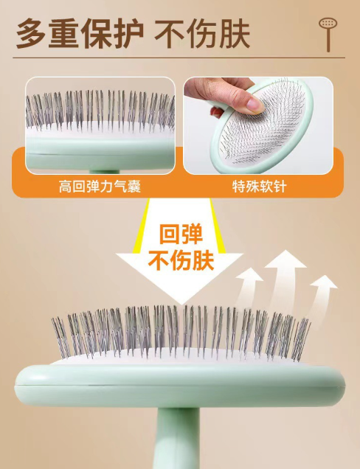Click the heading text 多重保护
(x=80, y=33)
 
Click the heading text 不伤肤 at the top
(x=202, y=33)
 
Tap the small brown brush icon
(x=328, y=34)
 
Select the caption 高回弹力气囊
(x=100, y=187)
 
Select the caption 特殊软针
(x=260, y=187)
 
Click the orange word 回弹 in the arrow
(x=181, y=234)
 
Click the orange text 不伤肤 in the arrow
(x=181, y=261)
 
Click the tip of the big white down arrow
(x=181, y=305)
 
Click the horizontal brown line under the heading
(x=179, y=58)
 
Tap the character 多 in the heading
(x=30, y=33)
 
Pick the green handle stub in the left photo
(x=105, y=172)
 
